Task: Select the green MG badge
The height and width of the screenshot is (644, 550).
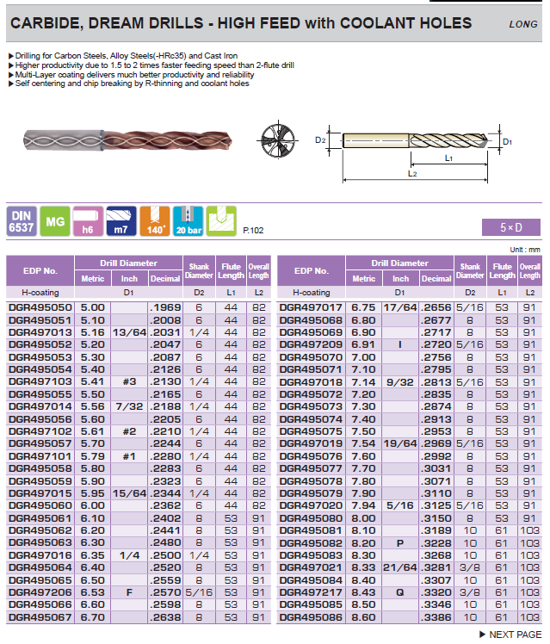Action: [x=54, y=221]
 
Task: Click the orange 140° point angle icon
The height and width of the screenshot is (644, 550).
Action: [x=155, y=221]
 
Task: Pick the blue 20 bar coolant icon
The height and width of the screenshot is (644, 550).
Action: [x=188, y=221]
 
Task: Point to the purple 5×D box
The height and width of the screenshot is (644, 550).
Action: [x=511, y=227]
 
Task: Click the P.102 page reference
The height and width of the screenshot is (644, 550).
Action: [x=253, y=231]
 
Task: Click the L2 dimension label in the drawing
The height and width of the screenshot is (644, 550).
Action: [x=412, y=174]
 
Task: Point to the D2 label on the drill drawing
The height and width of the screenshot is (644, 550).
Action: [x=319, y=139]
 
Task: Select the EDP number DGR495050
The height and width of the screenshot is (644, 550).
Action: [x=40, y=307]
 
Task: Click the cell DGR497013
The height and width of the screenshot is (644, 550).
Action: [x=40, y=331]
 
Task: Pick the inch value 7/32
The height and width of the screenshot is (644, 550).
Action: [x=129, y=406]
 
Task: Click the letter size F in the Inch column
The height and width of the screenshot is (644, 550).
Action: [x=129, y=592]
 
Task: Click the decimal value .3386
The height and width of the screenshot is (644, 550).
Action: [x=436, y=617]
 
